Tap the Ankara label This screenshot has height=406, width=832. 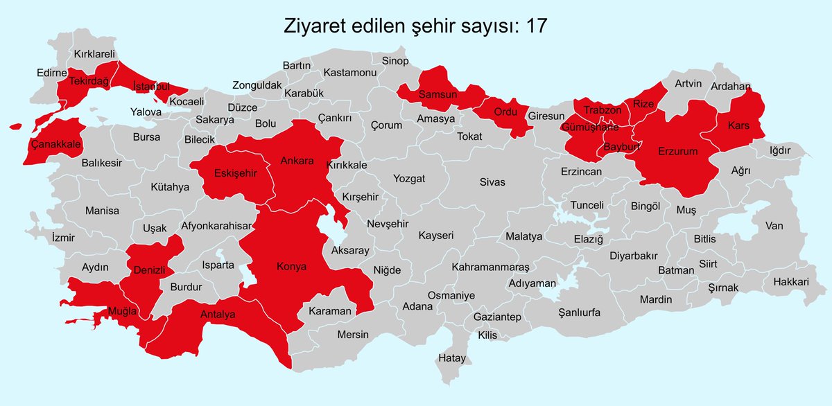297,161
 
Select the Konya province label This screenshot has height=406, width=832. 291,267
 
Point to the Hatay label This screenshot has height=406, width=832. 451,358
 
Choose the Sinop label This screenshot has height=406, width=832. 395,61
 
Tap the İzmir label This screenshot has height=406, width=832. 63,237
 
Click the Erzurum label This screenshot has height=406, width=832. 677,150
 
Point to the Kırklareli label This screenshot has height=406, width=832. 94,53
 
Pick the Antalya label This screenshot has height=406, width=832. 218,315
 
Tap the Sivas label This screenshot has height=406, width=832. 492,182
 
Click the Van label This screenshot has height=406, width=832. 774,225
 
